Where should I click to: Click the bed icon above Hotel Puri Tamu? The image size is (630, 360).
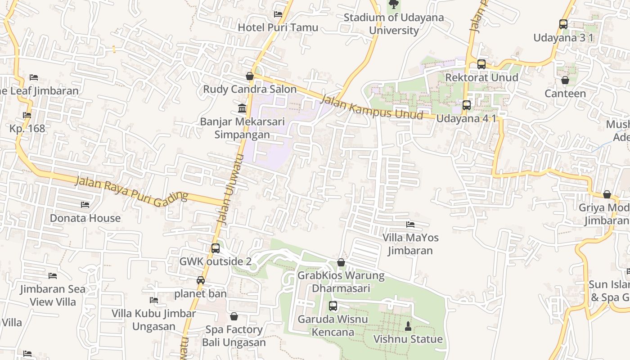(278, 14)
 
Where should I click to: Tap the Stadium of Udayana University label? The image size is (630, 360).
(394, 24)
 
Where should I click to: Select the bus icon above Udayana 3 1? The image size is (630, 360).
(563, 24)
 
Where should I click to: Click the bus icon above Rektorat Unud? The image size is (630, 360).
(481, 64)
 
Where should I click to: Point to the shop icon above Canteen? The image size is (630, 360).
(565, 81)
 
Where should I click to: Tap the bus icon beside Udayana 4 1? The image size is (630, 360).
(467, 105)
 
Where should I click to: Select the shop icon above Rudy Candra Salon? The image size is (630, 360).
(250, 76)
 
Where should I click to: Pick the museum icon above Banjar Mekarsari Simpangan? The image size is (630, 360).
(242, 108)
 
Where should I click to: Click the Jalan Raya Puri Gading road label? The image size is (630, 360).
(131, 189)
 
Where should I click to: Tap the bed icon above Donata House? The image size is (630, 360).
(85, 205)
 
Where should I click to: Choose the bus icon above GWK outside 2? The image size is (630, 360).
(216, 248)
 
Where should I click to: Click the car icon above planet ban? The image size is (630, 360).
(201, 281)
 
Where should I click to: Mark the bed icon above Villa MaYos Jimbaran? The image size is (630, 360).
(410, 225)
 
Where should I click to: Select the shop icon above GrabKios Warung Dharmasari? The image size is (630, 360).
(341, 262)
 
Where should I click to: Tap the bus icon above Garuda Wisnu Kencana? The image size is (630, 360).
(333, 306)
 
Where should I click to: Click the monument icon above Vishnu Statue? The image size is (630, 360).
(408, 326)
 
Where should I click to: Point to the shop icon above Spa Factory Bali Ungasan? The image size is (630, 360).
(234, 316)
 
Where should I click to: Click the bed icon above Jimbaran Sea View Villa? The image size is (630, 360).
(53, 276)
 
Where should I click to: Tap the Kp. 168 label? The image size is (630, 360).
(27, 129)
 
